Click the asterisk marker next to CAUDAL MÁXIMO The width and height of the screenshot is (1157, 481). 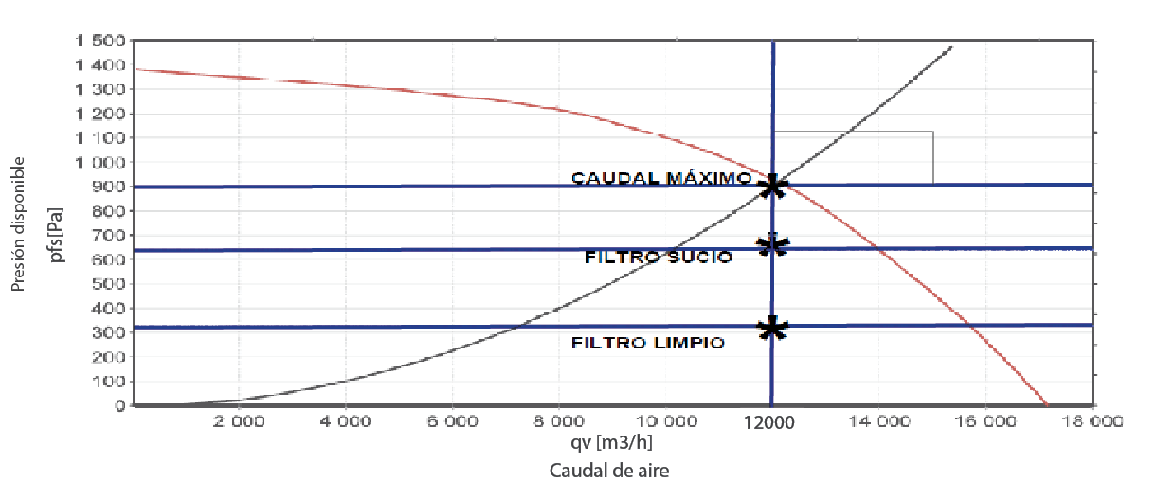(773, 186)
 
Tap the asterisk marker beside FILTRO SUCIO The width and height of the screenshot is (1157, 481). (773, 246)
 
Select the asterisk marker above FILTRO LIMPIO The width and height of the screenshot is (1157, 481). (773, 328)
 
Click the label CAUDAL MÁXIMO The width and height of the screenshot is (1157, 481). (660, 178)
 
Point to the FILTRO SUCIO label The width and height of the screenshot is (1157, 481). (658, 257)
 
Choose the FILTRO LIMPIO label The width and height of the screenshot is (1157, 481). (648, 343)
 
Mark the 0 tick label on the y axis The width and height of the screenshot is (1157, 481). (119, 406)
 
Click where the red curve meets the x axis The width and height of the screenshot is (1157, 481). (1046, 405)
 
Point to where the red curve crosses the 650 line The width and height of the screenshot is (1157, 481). (879, 249)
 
